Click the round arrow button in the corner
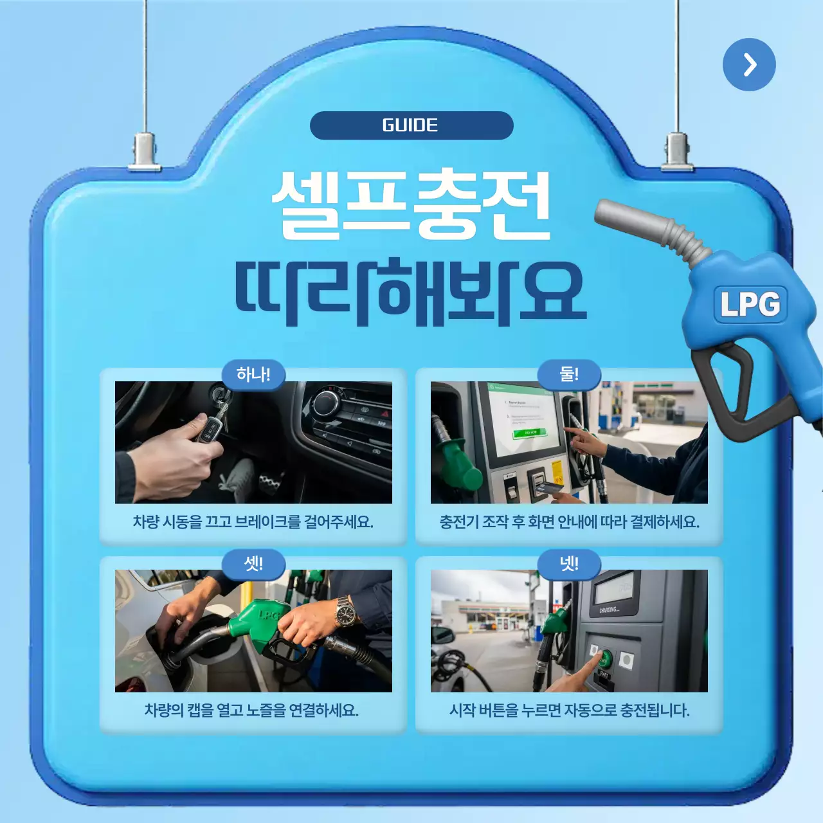(x=749, y=64)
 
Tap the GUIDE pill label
(x=411, y=125)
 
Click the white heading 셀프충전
(x=411, y=204)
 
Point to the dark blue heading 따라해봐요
(x=411, y=291)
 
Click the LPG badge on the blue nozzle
(x=750, y=304)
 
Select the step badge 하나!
(x=253, y=375)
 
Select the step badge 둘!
(x=569, y=375)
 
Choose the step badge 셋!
(x=253, y=564)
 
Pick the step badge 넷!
(x=569, y=564)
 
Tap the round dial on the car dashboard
(x=326, y=402)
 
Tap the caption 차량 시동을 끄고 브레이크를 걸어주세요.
(x=253, y=521)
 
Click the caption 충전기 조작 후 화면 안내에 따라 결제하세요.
(x=569, y=521)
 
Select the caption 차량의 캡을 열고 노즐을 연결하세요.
(x=251, y=710)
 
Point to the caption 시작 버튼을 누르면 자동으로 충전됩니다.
(x=569, y=710)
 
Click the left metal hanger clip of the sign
(x=145, y=152)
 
